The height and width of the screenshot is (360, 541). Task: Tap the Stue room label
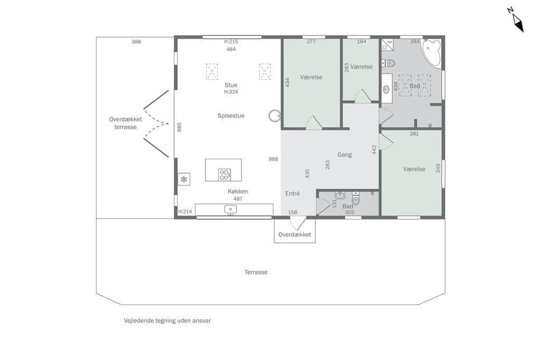(231, 85)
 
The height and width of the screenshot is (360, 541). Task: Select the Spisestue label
(231, 116)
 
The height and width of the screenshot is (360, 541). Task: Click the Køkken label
(238, 192)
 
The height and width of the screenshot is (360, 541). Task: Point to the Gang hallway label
(344, 155)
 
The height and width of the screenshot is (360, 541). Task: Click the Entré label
(293, 194)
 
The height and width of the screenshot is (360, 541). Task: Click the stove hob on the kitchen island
(224, 175)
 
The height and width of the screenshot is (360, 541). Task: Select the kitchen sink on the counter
(230, 209)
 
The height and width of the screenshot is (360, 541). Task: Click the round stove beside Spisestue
(275, 116)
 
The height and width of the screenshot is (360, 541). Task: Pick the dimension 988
(273, 159)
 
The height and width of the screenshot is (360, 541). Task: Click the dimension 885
(179, 127)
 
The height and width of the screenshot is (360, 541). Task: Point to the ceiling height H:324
(231, 92)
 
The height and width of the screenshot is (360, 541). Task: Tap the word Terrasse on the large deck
(256, 272)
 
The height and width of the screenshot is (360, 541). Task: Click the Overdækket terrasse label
(126, 123)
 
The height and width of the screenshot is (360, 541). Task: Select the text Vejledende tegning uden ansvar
(167, 321)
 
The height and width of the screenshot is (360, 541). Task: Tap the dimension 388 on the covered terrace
(136, 42)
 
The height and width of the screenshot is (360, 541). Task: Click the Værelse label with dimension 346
(414, 169)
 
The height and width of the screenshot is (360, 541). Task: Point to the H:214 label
(185, 212)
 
